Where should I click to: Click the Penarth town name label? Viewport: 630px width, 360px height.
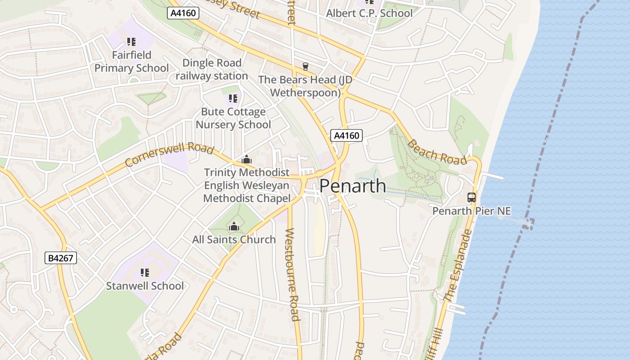(352, 186)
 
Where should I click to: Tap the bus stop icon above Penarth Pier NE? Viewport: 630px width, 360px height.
(471, 197)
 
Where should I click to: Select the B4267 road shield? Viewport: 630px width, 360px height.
(61, 258)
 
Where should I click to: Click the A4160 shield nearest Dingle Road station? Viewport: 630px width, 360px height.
(183, 13)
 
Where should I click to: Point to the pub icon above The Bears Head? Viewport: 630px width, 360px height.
(306, 67)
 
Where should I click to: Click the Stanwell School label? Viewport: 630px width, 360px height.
(144, 286)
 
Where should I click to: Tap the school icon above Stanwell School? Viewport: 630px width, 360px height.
(144, 272)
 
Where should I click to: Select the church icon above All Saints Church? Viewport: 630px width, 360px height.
(234, 226)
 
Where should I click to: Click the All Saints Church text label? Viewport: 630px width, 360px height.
(234, 239)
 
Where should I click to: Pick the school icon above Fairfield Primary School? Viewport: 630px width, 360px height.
(131, 42)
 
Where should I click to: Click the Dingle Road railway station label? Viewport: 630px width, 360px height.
(211, 69)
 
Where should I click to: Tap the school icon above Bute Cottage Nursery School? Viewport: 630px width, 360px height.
(233, 98)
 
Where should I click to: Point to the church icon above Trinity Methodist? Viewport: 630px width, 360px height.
(246, 159)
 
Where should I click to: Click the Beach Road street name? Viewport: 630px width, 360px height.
(436, 153)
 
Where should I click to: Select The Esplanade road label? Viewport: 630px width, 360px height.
(457, 265)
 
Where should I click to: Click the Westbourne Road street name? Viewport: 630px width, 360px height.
(292, 274)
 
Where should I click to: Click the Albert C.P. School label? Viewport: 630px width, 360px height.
(369, 13)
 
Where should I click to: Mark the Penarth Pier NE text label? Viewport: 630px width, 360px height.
(471, 211)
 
